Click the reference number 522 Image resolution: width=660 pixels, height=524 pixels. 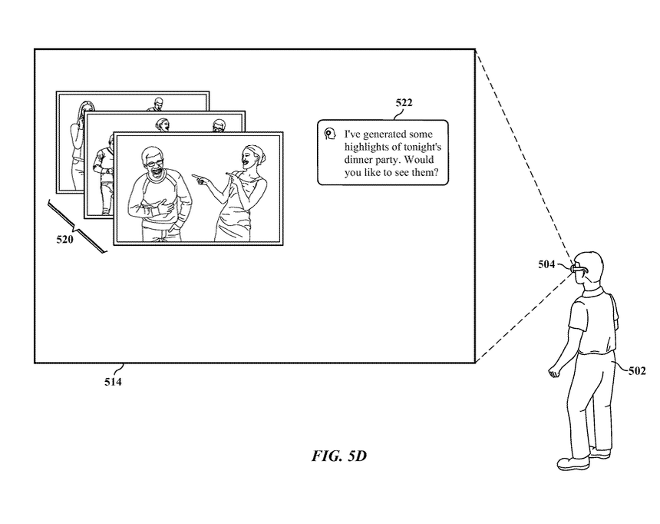pyautogui.click(x=404, y=102)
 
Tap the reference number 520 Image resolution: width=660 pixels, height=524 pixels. pyautogui.click(x=64, y=240)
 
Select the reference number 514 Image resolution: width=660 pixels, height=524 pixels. pyautogui.click(x=113, y=382)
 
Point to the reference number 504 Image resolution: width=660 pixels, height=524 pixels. pyautogui.click(x=546, y=264)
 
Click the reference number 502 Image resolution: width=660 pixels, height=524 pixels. pyautogui.click(x=637, y=370)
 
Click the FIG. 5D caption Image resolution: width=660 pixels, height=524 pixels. pyautogui.click(x=339, y=456)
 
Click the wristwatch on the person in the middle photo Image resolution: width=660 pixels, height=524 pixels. pyautogui.click(x=109, y=171)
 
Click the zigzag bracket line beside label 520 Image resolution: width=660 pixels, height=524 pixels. pyautogui.click(x=77, y=227)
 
